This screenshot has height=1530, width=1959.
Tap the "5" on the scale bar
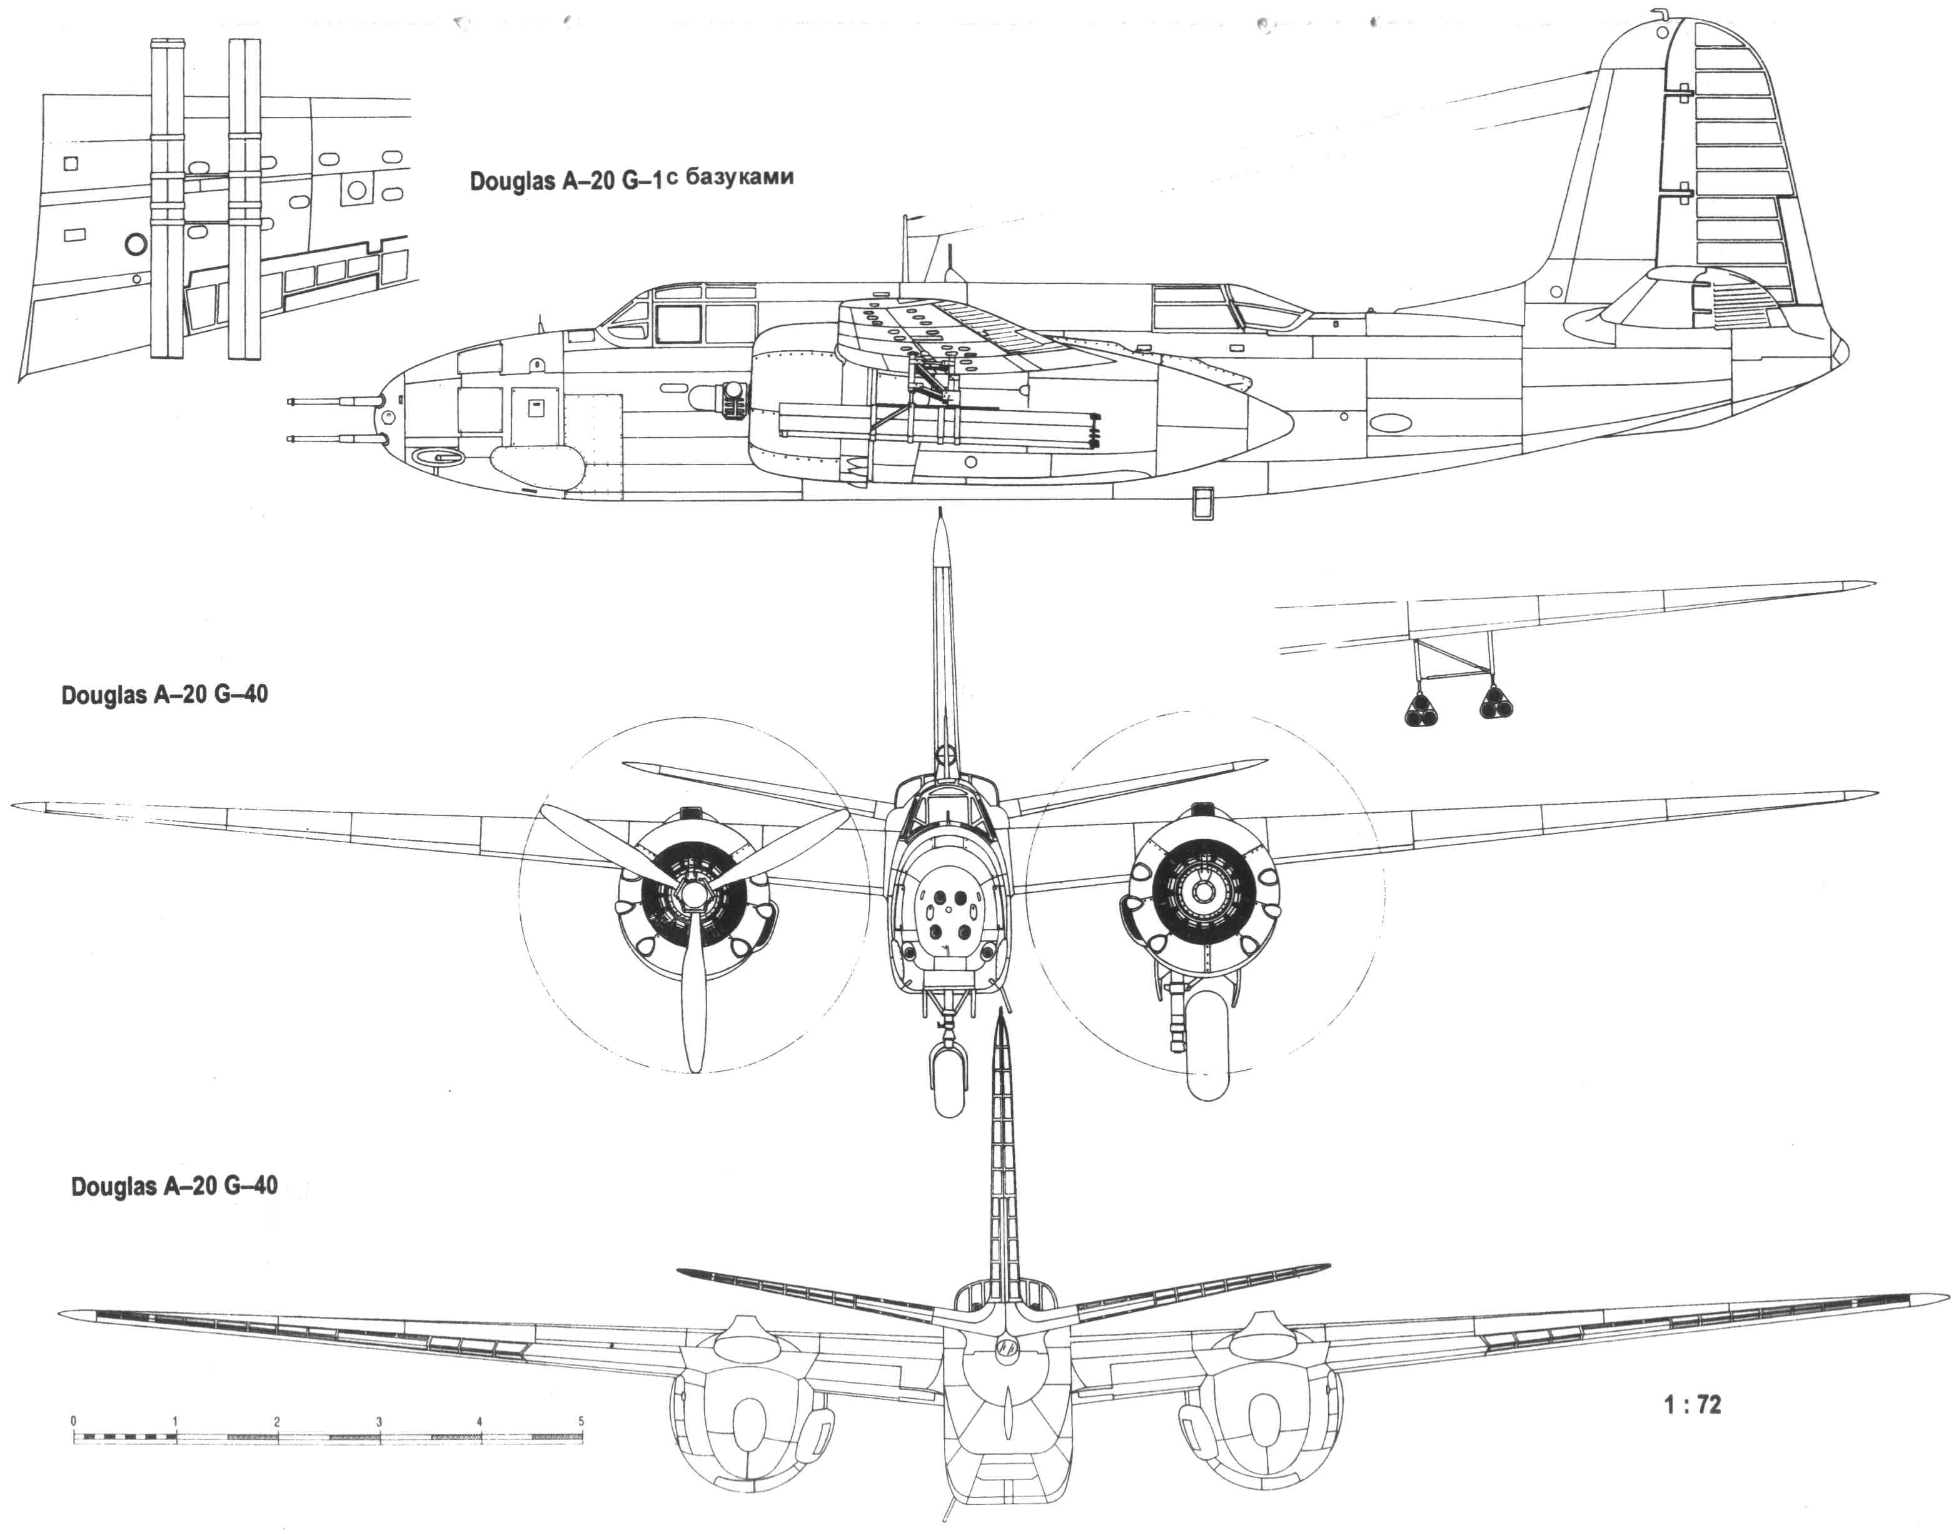(582, 1421)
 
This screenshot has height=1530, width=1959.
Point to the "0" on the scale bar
(73, 1421)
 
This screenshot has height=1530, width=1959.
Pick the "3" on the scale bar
(378, 1421)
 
